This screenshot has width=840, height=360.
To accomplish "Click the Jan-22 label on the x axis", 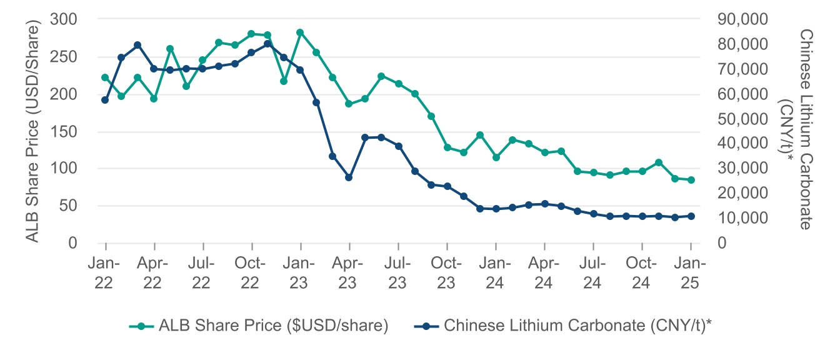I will click(x=105, y=271).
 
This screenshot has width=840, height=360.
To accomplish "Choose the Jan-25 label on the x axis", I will click(x=691, y=271).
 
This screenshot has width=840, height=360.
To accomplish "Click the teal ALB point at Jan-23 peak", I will click(x=300, y=32).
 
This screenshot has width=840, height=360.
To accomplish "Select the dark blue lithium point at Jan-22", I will click(x=105, y=100).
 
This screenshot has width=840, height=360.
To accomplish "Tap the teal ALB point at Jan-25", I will click(x=691, y=180).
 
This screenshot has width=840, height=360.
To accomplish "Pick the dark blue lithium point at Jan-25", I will click(x=691, y=216).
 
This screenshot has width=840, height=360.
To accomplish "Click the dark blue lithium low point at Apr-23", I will click(x=349, y=177).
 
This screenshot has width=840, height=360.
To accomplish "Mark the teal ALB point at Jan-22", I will click(x=105, y=77).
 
